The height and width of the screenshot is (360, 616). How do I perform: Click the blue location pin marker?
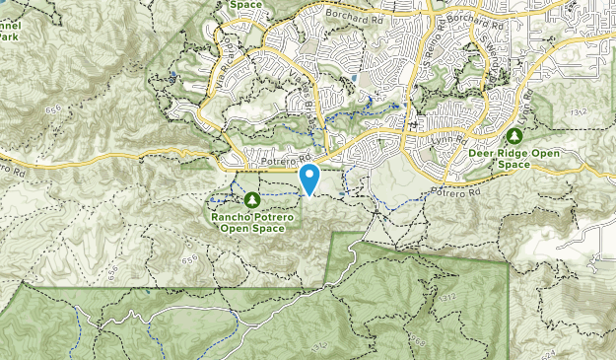coord(310,179)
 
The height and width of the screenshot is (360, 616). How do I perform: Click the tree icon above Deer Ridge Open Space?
coord(513,135)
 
